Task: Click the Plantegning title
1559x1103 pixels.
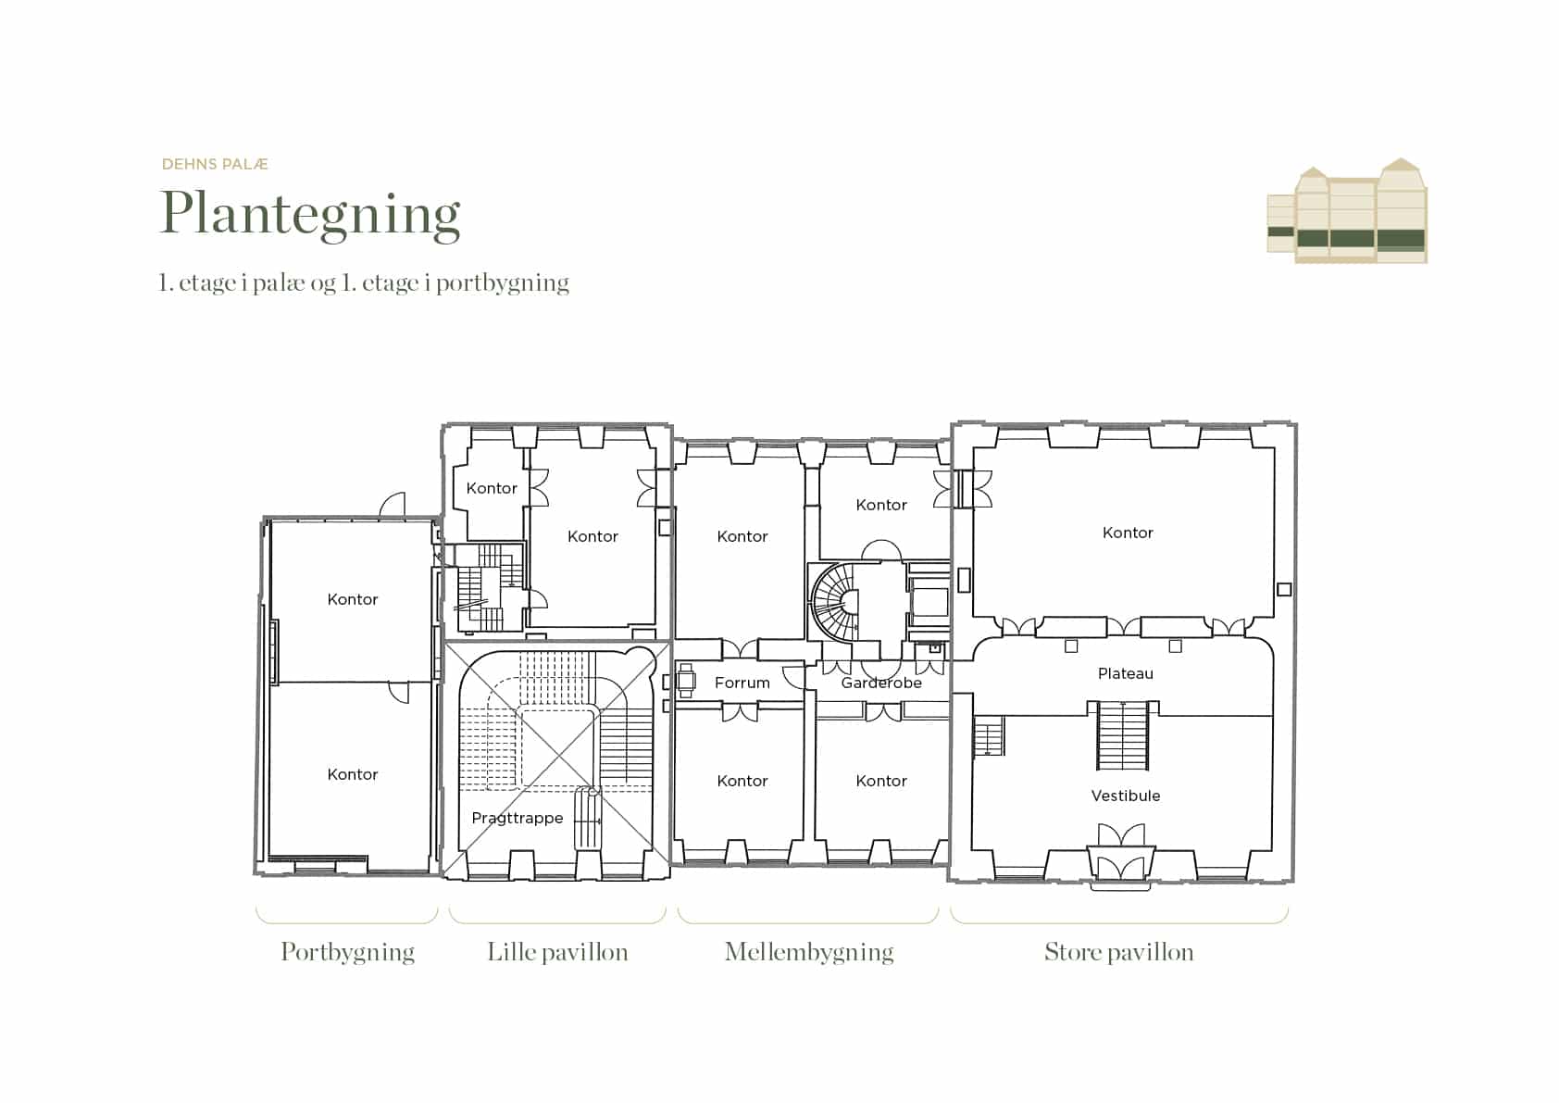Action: tap(310, 215)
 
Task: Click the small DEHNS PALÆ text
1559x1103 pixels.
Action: tap(215, 164)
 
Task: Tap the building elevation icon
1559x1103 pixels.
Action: tap(1347, 211)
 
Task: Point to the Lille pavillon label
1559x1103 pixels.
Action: tap(557, 952)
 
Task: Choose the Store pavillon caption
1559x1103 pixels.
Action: tap(1118, 952)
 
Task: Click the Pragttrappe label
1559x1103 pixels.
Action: tap(518, 818)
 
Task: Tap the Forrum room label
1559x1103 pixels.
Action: tap(742, 683)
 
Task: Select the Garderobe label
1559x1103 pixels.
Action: tap(881, 683)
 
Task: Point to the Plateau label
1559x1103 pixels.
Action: tap(1126, 673)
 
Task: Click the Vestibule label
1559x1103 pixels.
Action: tap(1126, 796)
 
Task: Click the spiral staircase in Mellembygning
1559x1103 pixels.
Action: tap(834, 602)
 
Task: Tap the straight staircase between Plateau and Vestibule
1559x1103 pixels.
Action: tap(1122, 735)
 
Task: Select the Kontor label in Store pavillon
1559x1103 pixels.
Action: tap(1128, 533)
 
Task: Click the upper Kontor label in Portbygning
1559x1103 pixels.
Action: tap(352, 599)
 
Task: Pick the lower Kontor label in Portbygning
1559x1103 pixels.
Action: tap(352, 774)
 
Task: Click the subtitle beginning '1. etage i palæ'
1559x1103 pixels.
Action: tap(364, 283)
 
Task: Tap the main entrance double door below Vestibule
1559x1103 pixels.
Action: tap(1120, 858)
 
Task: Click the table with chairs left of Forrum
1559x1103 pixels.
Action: tap(686, 681)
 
